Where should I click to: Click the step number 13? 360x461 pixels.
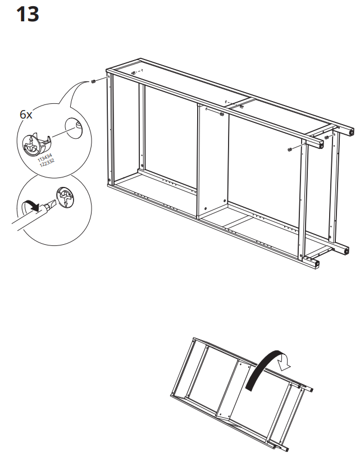pos(27,14)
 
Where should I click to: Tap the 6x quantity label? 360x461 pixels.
pos(26,114)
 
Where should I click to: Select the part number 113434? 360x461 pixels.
pos(45,156)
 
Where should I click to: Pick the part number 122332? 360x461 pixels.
pos(47,162)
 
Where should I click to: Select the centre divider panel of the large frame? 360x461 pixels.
pos(213,163)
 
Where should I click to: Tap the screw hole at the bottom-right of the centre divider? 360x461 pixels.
pos(225,200)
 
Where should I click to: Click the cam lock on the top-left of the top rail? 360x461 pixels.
pos(133,73)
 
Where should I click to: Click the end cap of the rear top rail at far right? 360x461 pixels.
pos(352,132)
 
